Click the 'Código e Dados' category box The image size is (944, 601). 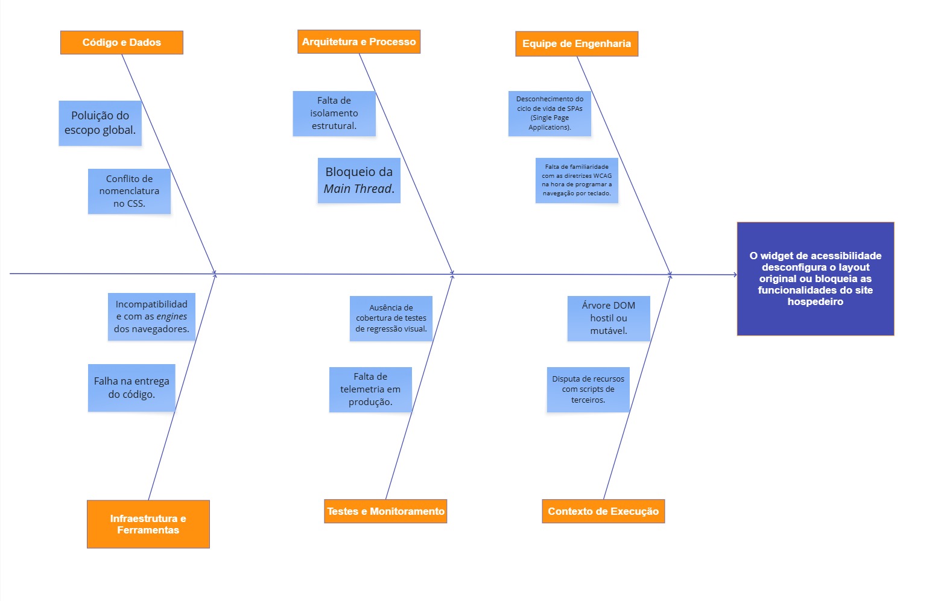pos(121,43)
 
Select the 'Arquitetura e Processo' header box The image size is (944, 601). pos(359,42)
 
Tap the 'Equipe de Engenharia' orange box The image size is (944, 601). pos(577,44)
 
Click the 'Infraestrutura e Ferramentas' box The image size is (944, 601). pos(148,524)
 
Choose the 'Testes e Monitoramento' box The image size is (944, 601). pos(385,511)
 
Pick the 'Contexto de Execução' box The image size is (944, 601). pos(603,511)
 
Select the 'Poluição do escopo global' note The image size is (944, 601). pos(100,123)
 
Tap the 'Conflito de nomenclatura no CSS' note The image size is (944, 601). pos(129,191)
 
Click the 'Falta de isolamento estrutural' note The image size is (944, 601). pos(334,113)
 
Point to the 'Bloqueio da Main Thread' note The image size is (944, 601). pos(359,180)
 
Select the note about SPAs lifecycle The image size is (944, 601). pos(550,113)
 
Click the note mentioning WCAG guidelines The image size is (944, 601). pos(577,180)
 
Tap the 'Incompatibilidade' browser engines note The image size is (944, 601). pos(151,316)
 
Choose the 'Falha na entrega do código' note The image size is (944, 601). pos(131,388)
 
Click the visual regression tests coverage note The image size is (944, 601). pos(391,318)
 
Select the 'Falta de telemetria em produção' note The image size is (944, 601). pos(370,389)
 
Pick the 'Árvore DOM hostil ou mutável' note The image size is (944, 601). pos(609,318)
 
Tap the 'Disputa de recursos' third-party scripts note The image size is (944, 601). pos(588,389)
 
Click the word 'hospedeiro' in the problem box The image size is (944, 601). pos(815,302)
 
